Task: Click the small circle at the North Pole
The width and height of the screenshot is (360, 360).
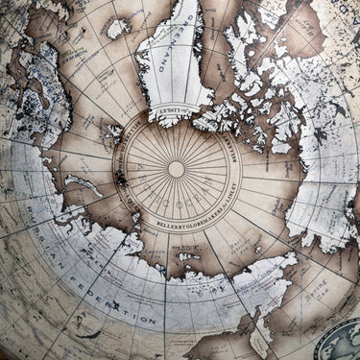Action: point(177,169)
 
